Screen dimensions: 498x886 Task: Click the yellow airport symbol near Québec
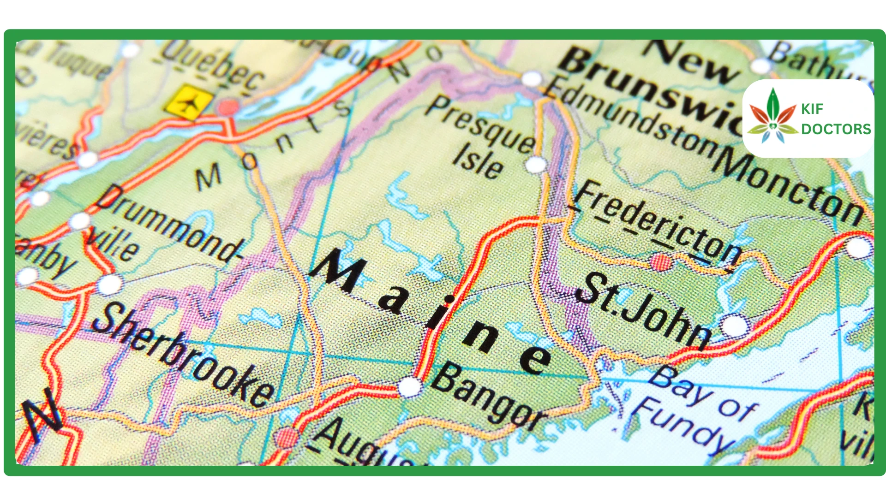click(189, 102)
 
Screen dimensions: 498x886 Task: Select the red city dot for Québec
click(228, 107)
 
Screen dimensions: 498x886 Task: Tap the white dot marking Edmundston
click(532, 79)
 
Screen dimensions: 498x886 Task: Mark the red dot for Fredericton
click(661, 262)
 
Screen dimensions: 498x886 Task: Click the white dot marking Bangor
click(409, 386)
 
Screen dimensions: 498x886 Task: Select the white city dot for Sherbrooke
click(110, 284)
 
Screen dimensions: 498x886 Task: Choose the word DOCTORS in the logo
click(836, 129)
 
